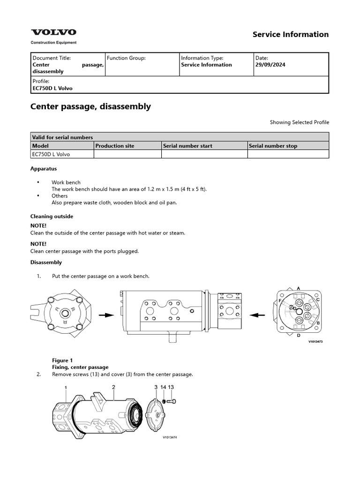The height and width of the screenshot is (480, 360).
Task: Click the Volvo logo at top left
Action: point(53,32)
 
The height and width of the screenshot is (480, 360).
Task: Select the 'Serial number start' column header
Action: point(187,146)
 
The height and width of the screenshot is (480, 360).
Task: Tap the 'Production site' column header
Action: point(115,146)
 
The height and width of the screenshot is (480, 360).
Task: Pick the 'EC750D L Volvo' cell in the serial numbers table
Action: point(51,154)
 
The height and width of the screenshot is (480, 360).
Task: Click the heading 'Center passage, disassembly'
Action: point(90,106)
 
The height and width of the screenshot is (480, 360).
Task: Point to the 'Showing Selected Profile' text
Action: point(299,122)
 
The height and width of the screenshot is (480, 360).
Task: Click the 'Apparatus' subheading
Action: point(44,168)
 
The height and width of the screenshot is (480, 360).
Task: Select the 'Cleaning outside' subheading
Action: point(52,217)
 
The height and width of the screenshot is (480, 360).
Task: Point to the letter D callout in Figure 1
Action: point(299,336)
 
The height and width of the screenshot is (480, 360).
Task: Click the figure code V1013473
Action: point(315,342)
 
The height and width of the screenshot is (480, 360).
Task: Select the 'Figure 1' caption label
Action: point(62,360)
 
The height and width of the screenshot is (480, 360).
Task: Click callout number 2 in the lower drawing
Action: point(113,387)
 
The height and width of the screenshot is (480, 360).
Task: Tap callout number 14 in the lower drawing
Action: point(163,387)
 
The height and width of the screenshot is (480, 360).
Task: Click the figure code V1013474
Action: point(170,438)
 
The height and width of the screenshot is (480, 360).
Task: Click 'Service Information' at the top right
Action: point(291,34)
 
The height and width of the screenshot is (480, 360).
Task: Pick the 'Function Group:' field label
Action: point(126,58)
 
